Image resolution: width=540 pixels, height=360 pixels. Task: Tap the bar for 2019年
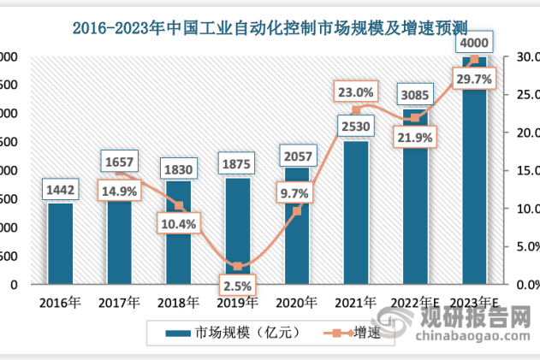coord(238,231)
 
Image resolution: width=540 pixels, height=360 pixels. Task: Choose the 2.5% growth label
coord(237,282)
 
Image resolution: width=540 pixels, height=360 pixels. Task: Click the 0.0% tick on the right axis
coord(519,284)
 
